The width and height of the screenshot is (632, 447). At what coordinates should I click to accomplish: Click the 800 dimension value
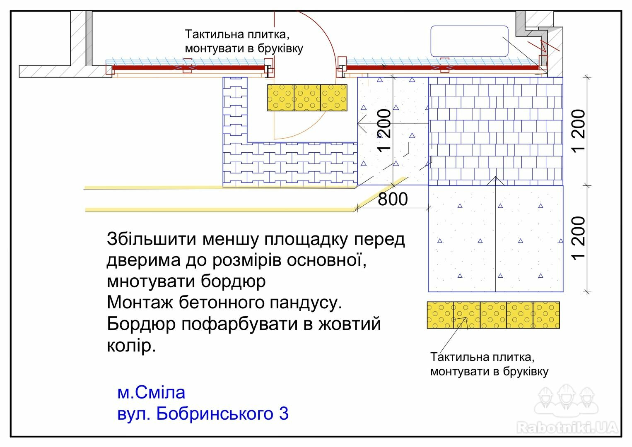[x=393, y=199]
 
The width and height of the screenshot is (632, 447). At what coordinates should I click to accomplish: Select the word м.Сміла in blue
[x=151, y=392]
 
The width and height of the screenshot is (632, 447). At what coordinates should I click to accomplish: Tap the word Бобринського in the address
[x=215, y=414]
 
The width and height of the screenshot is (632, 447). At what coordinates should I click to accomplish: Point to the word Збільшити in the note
[x=152, y=239]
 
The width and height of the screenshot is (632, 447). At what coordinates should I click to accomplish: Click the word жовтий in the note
[x=350, y=324]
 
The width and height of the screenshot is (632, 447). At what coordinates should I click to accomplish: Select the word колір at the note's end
[x=131, y=346]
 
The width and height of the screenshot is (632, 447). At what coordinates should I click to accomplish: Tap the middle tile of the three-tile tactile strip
[x=307, y=98]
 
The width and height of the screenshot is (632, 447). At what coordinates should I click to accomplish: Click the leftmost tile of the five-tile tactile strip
[x=440, y=315]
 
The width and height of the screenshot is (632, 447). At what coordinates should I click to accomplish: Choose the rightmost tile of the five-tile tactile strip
[x=546, y=315]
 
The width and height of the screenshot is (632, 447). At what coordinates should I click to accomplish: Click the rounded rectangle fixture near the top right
[x=469, y=41]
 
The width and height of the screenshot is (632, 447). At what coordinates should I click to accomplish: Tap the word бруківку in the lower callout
[x=526, y=371]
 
